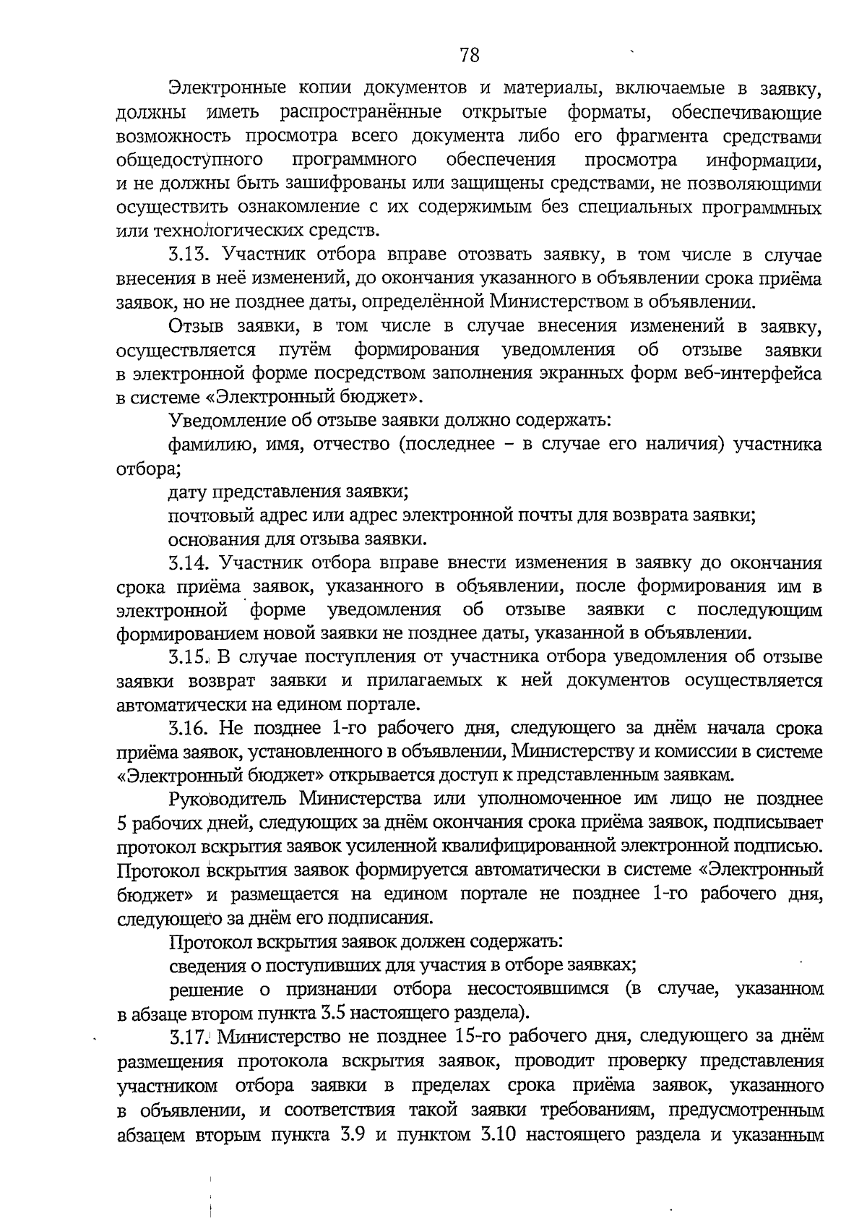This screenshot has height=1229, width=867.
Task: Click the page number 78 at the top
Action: (x=469, y=56)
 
